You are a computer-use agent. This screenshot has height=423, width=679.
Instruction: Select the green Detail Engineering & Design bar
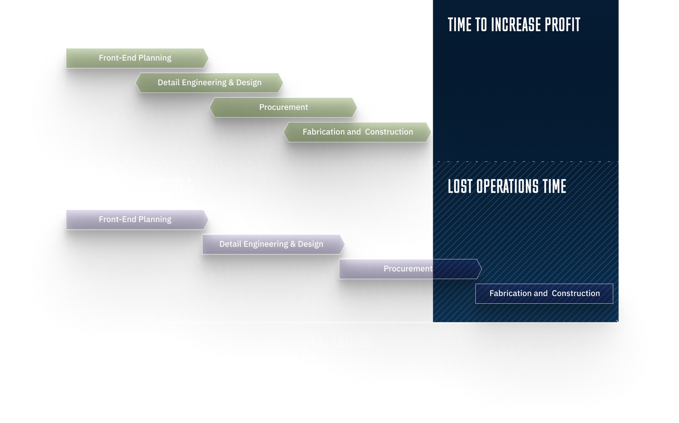pyautogui.click(x=209, y=83)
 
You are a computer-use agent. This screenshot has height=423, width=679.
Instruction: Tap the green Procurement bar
pyautogui.click(x=283, y=107)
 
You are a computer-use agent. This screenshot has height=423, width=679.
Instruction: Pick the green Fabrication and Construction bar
pyautogui.click(x=357, y=132)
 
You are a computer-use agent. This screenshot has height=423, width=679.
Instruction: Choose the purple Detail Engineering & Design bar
pyautogui.click(x=272, y=244)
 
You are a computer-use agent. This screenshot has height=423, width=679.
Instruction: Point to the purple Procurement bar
pyautogui.click(x=408, y=269)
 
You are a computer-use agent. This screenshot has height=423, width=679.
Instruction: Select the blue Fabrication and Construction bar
pyautogui.click(x=544, y=294)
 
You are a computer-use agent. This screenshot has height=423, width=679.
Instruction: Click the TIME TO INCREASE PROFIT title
pyautogui.click(x=514, y=25)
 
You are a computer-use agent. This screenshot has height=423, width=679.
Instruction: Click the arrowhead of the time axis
pyautogui.click(x=617, y=323)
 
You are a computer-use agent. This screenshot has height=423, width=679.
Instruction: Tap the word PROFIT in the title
pyautogui.click(x=562, y=25)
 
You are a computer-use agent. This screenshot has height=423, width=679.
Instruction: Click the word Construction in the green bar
pyautogui.click(x=389, y=132)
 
